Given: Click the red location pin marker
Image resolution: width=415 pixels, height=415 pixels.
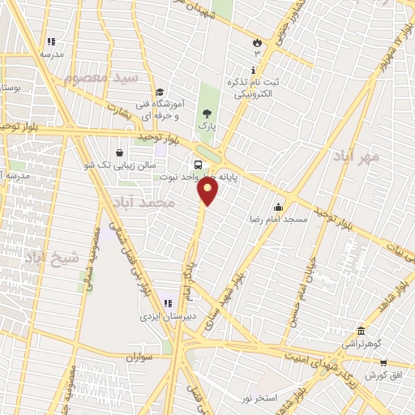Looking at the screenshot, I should click(x=208, y=191).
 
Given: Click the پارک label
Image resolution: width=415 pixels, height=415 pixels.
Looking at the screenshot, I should click(x=207, y=127).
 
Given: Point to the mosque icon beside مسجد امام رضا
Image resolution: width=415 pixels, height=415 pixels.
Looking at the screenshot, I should click(x=279, y=207).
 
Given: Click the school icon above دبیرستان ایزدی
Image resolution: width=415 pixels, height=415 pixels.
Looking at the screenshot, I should click(x=168, y=304).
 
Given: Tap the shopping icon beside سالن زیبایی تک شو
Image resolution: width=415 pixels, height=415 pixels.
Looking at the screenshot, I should click(x=120, y=152).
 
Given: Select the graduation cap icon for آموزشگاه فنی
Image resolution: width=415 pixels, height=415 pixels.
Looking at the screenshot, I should click(x=160, y=92).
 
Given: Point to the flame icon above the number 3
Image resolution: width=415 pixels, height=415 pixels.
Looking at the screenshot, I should click(x=258, y=41).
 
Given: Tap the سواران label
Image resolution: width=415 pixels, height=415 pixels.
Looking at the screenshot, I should click(x=140, y=357).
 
